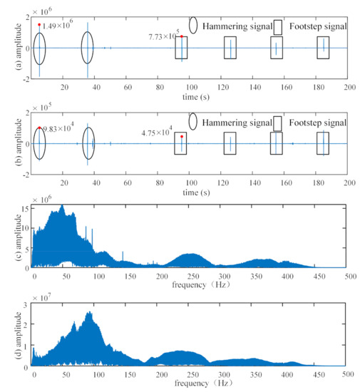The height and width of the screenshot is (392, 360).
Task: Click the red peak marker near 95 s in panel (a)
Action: pos(182,36)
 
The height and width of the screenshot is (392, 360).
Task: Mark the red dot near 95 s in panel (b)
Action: pos(182,136)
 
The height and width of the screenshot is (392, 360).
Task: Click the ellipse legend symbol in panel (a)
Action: pos(194,26)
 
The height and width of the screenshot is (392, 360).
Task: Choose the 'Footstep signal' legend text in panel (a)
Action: pos(319,26)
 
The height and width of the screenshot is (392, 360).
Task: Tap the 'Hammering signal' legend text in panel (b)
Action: pos(237,122)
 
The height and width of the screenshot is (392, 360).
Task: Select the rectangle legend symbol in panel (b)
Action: pos(278,123)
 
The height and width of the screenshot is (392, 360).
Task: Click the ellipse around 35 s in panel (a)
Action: pos(88,48)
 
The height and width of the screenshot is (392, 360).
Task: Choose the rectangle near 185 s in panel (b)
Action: pos(323,143)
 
